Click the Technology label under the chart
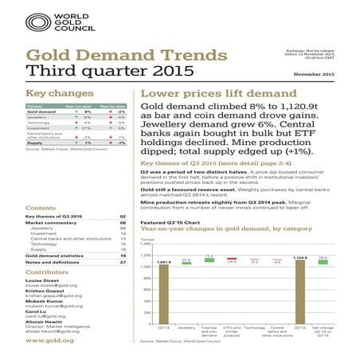coord(254,327)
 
